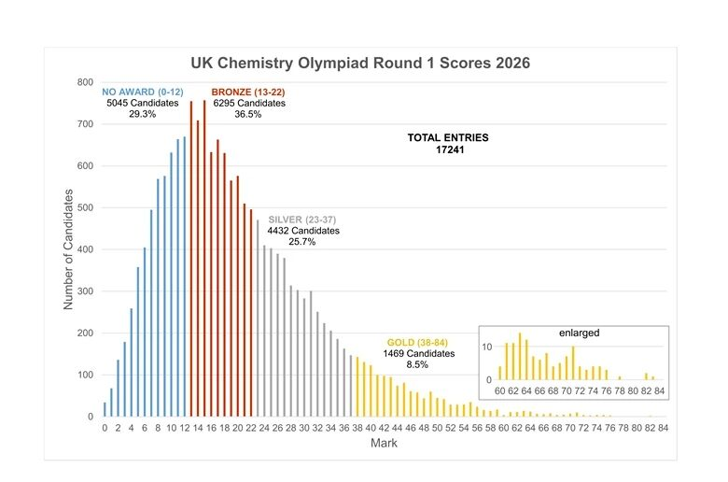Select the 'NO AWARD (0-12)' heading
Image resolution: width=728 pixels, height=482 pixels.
click(x=143, y=92)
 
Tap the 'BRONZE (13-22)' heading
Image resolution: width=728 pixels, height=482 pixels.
click(x=248, y=92)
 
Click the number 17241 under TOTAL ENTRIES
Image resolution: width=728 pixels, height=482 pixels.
click(x=448, y=149)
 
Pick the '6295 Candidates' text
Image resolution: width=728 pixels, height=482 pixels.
click(x=248, y=103)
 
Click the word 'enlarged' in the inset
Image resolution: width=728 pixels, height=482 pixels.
click(x=581, y=333)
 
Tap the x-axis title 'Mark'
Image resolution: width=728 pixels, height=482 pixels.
click(x=384, y=444)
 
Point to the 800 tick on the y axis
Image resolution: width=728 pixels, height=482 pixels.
click(x=85, y=82)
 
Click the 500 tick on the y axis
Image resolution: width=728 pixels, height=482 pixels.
click(x=85, y=208)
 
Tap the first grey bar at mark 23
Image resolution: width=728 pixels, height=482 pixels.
click(x=258, y=319)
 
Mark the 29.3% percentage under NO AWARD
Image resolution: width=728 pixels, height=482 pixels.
click(x=143, y=114)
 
